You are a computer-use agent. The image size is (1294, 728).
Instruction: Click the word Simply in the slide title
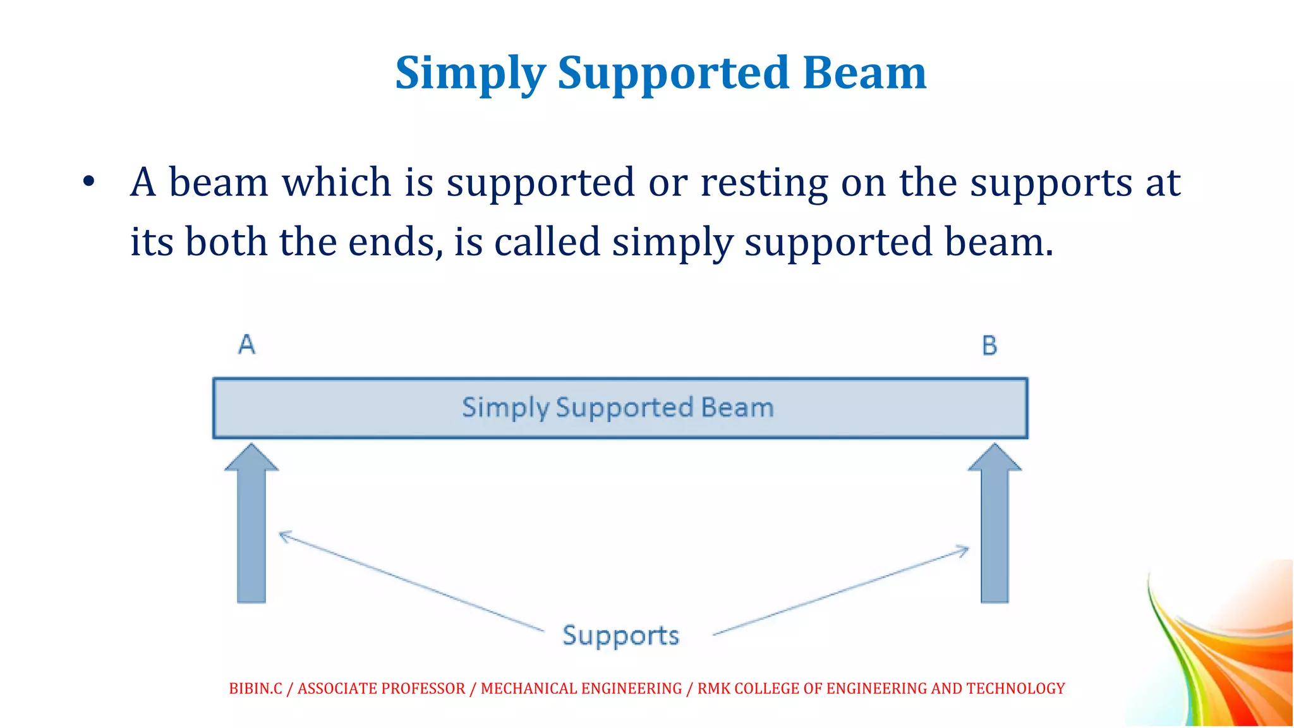(470, 74)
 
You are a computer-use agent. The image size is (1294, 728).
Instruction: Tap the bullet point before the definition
(88, 183)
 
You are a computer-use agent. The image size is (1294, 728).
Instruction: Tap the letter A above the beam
(247, 344)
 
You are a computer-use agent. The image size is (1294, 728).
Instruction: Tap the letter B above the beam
(989, 346)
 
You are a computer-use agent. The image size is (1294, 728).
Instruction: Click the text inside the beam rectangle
(618, 408)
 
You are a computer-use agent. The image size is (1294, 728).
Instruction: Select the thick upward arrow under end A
(251, 525)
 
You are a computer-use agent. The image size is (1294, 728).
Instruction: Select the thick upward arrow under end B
(995, 525)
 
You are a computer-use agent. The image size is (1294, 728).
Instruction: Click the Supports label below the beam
(620, 635)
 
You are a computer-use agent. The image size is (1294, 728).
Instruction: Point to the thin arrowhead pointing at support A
(282, 536)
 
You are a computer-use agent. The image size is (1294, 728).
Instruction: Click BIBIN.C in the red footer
(255, 688)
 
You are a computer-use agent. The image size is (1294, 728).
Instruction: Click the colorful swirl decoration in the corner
(1226, 651)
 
